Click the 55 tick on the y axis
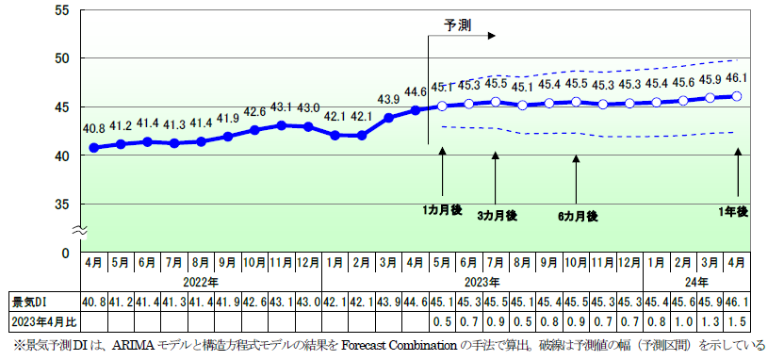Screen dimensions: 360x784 click(x=63, y=9)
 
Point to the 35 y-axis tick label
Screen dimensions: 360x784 click(x=63, y=204)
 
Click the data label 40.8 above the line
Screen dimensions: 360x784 click(x=94, y=128)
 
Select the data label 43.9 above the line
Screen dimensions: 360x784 click(x=388, y=99)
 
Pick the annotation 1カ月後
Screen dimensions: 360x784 click(x=442, y=208)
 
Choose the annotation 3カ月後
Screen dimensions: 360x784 click(x=497, y=216)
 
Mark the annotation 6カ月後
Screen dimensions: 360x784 click(x=578, y=216)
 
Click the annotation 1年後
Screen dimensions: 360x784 click(x=732, y=212)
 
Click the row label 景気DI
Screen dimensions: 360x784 click(x=28, y=302)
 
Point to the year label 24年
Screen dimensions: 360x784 click(x=696, y=282)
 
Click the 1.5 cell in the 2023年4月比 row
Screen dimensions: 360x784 click(x=738, y=321)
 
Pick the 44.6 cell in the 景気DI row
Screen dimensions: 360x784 click(x=416, y=302)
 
